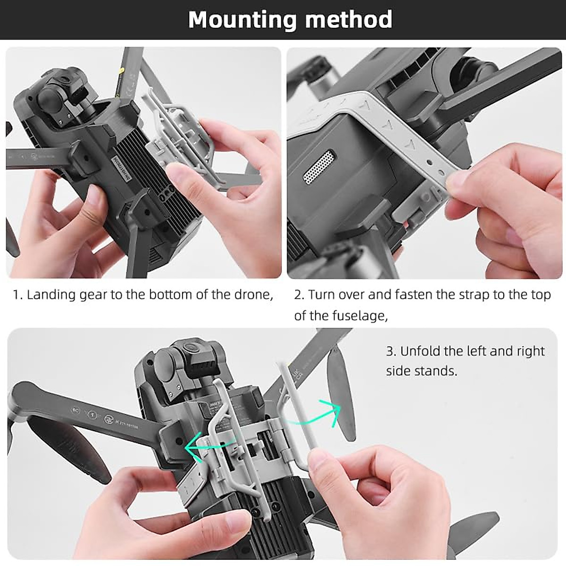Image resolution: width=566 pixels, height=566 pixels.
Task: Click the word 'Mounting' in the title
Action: pos(242,20)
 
